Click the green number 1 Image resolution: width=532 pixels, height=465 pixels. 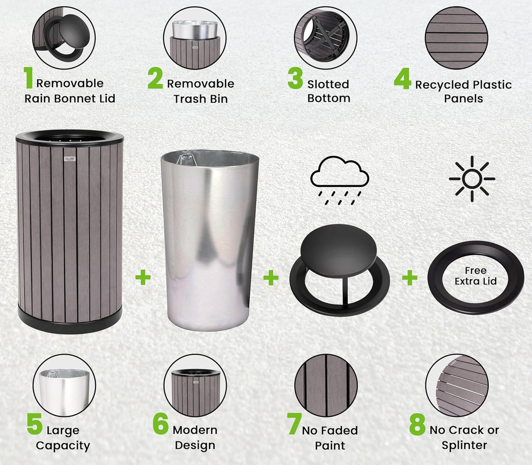coord(29,78)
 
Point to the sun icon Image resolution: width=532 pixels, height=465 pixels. coord(472,179)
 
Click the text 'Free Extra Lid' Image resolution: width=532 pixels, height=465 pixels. coord(475,276)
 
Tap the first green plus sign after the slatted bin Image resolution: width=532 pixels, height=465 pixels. coord(143,277)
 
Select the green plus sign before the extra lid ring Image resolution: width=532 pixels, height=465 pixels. coord(409,278)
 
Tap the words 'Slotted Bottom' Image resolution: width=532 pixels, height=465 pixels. coord(328,91)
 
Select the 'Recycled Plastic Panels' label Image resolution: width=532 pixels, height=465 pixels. coord(463,92)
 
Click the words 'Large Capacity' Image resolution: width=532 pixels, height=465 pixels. coord(63,438)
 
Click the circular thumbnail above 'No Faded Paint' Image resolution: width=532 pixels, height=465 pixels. coord(326,386)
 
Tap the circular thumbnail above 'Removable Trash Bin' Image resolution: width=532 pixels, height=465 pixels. coord(195,38)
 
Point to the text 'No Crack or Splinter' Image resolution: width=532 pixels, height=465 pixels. coord(464,437)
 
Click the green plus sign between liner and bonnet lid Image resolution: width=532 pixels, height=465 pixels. coord(271,278)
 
